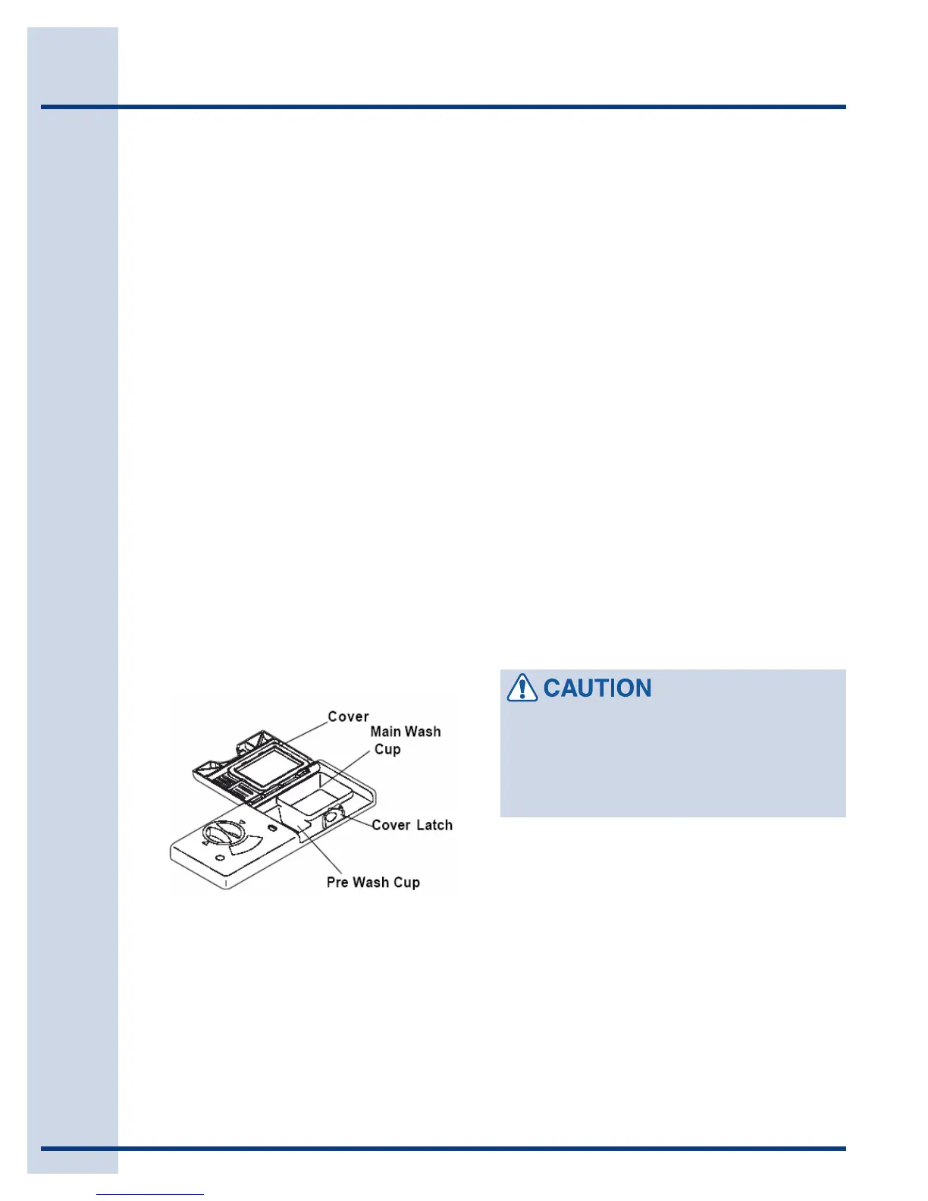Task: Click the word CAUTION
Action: click(597, 688)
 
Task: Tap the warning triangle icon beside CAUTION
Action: click(522, 688)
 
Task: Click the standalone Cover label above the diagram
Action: click(348, 717)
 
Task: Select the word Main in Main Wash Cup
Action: click(385, 732)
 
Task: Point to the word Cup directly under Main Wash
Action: click(387, 749)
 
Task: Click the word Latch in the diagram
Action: click(434, 825)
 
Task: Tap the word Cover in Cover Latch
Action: click(391, 825)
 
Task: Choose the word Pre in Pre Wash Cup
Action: click(337, 883)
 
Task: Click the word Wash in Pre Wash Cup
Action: click(371, 883)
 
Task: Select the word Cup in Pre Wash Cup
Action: click(406, 883)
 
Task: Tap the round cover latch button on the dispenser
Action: click(333, 819)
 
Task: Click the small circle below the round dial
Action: click(219, 858)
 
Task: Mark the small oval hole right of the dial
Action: click(271, 826)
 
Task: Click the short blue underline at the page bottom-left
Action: click(150, 1194)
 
